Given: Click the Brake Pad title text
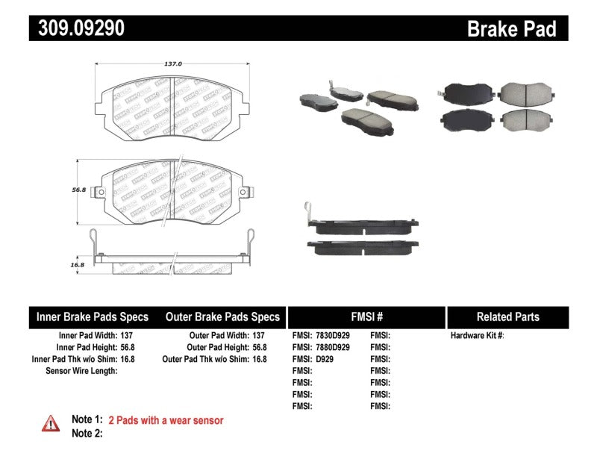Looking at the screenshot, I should click(511, 29).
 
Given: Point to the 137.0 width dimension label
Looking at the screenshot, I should click(172, 63).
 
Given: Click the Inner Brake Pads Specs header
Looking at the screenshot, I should click(93, 316).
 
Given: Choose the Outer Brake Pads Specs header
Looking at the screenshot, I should click(222, 316).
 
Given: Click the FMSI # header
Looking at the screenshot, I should click(366, 316).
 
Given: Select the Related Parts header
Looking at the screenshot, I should click(507, 316).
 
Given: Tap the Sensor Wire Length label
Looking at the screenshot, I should click(81, 370).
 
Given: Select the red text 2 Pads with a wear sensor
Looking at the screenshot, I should click(166, 420).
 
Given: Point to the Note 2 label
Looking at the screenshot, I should click(87, 433).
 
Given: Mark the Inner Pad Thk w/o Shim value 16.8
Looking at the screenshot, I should click(128, 359).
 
